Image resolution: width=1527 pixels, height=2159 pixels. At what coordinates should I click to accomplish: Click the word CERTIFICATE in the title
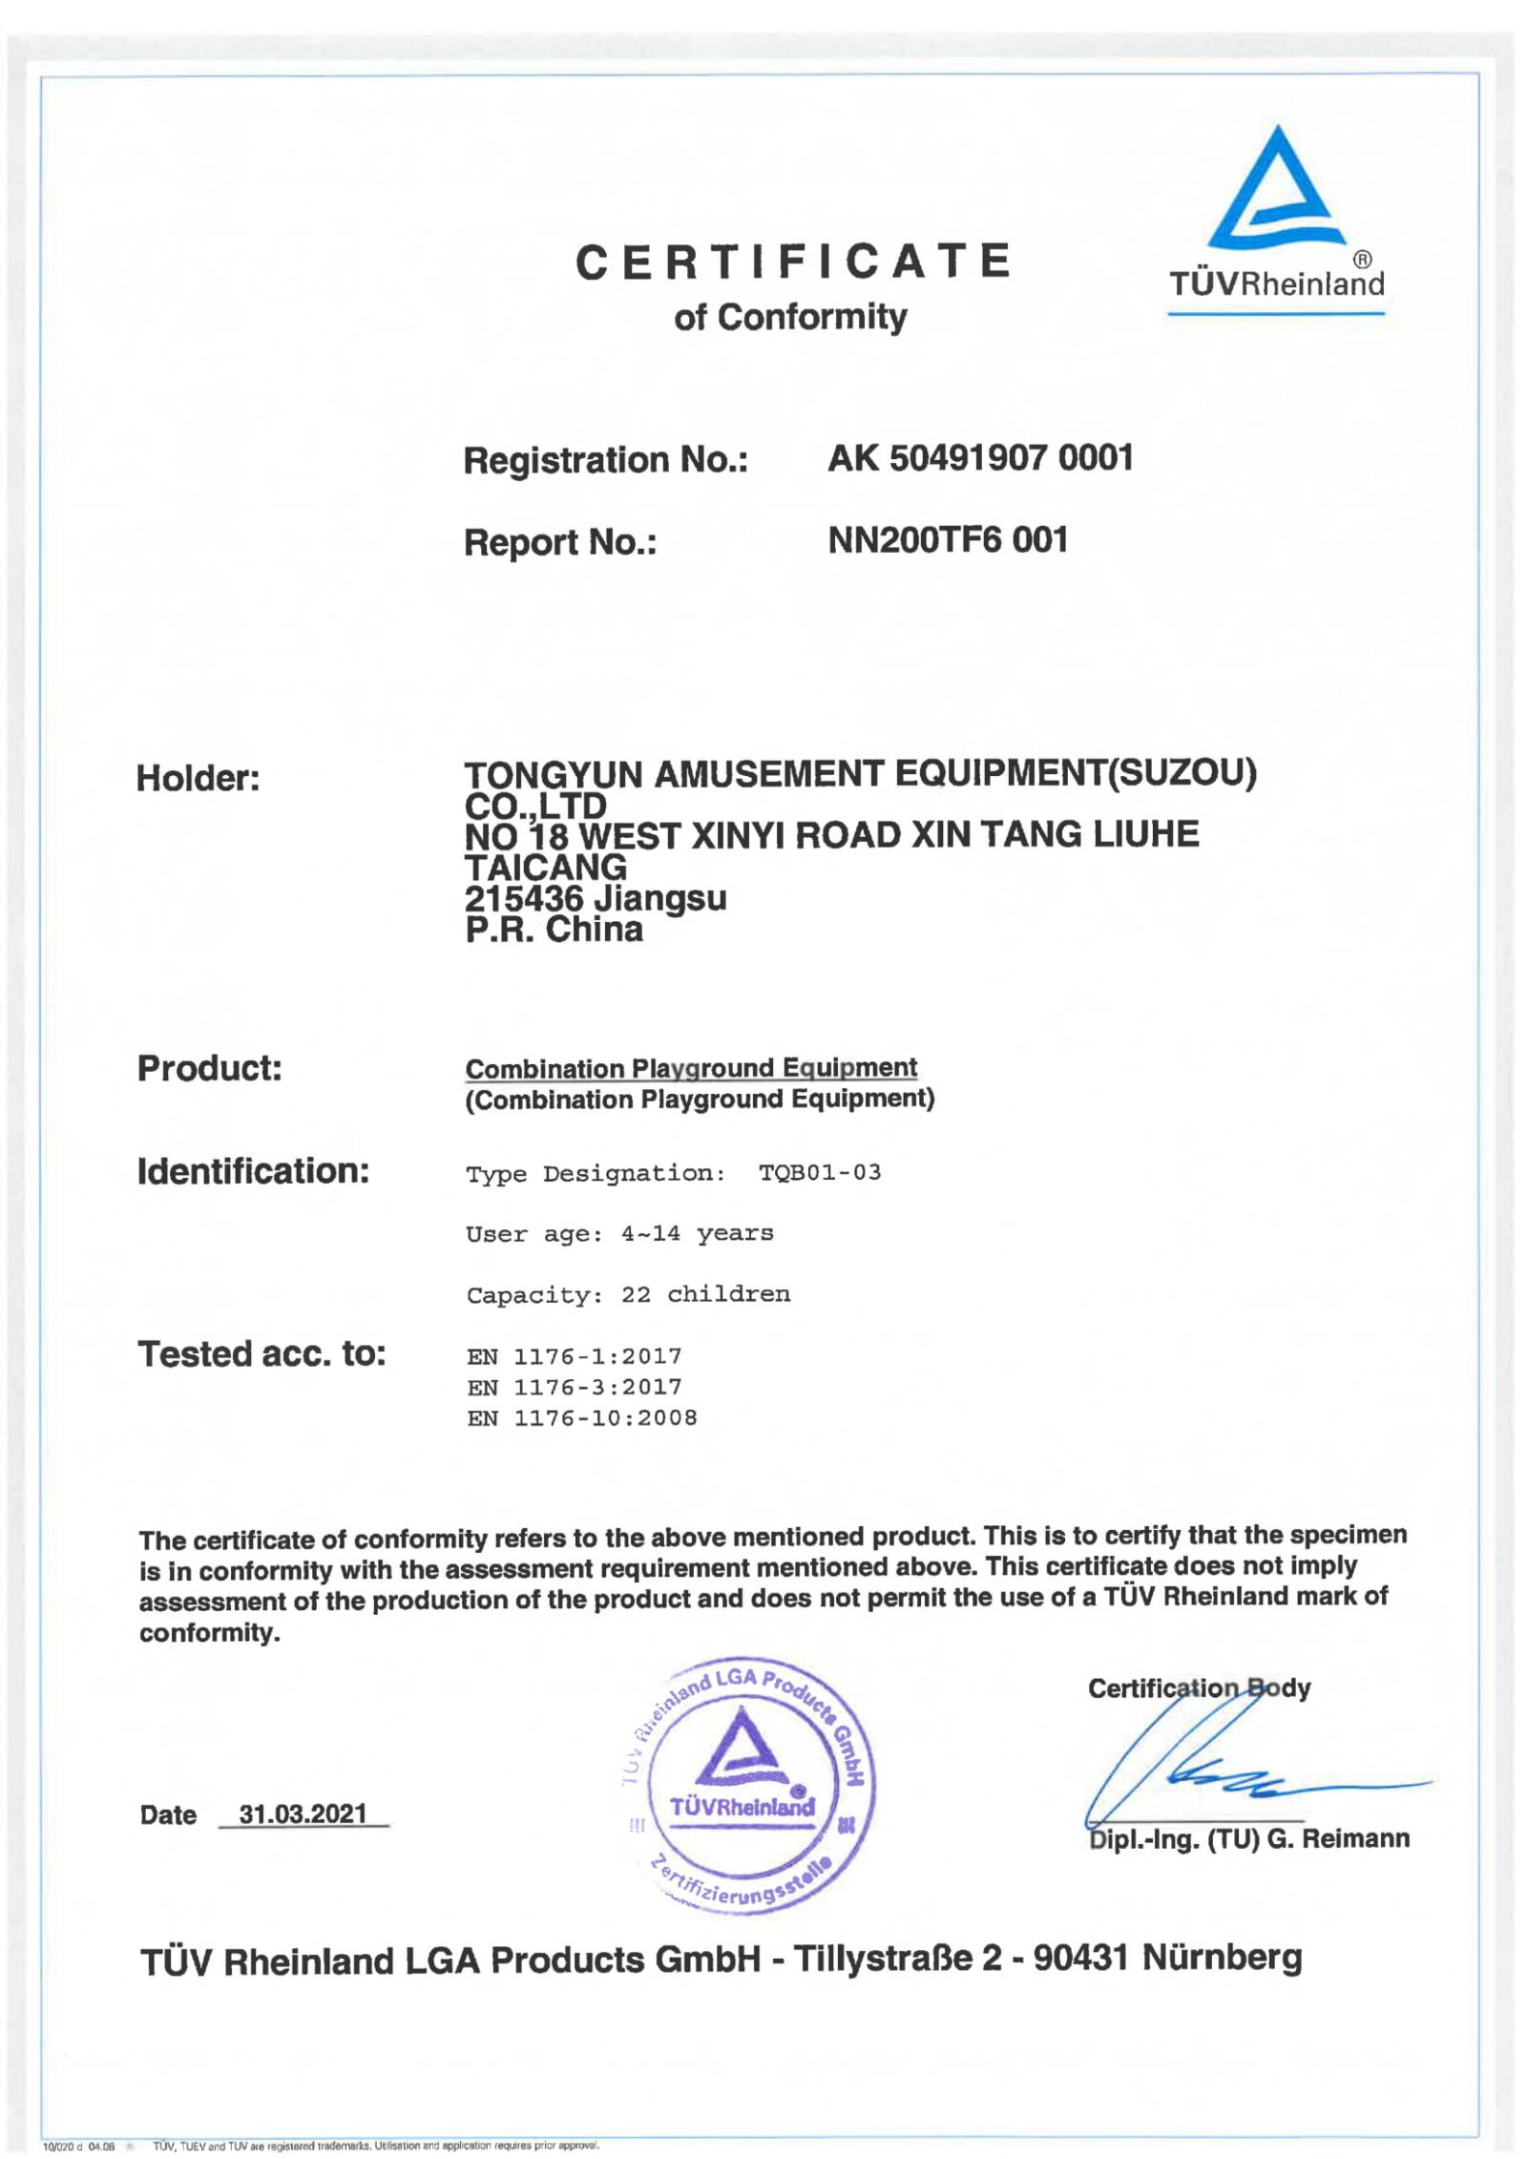(x=792, y=262)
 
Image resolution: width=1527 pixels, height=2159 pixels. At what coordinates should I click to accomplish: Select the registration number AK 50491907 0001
(x=980, y=458)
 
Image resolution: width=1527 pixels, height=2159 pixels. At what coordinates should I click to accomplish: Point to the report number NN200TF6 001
(x=947, y=540)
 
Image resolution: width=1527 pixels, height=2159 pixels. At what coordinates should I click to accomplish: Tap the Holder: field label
(x=198, y=778)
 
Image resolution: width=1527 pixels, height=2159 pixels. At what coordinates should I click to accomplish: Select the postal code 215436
(x=523, y=898)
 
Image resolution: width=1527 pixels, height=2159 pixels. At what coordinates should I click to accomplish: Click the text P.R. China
(x=554, y=930)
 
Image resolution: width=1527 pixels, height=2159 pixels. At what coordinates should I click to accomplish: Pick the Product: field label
(x=209, y=1068)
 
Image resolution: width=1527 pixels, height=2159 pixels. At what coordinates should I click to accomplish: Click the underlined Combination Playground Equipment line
(x=691, y=1068)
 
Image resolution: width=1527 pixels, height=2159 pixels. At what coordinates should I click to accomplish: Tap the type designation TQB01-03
(x=819, y=1172)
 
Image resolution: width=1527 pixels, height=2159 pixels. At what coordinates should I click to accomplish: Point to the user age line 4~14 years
(x=697, y=1233)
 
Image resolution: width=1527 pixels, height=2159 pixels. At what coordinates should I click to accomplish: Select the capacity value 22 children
(x=705, y=1294)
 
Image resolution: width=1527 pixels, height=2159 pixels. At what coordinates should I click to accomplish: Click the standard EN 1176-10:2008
(x=582, y=1418)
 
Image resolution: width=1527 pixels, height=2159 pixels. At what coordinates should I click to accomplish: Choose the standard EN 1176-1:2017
(x=575, y=1356)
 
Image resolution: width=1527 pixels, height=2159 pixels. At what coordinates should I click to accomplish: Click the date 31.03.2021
(x=303, y=1813)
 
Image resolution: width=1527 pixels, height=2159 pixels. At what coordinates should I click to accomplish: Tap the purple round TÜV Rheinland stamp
(x=743, y=1784)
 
